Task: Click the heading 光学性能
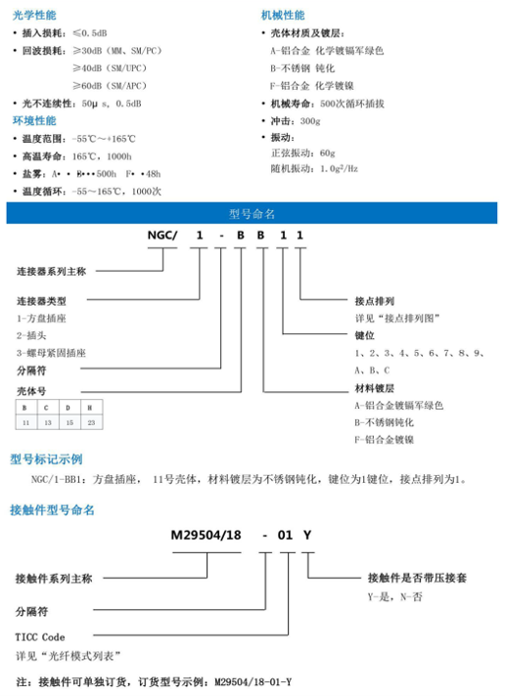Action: pos(33,16)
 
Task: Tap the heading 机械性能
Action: pos(282,16)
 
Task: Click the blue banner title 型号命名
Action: pos(252,213)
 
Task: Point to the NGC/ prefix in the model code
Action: pos(163,236)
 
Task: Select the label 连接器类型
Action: pos(43,300)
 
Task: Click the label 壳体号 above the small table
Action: pos(32,388)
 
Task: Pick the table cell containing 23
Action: pos(91,422)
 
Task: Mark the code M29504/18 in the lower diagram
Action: pos(208,535)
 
